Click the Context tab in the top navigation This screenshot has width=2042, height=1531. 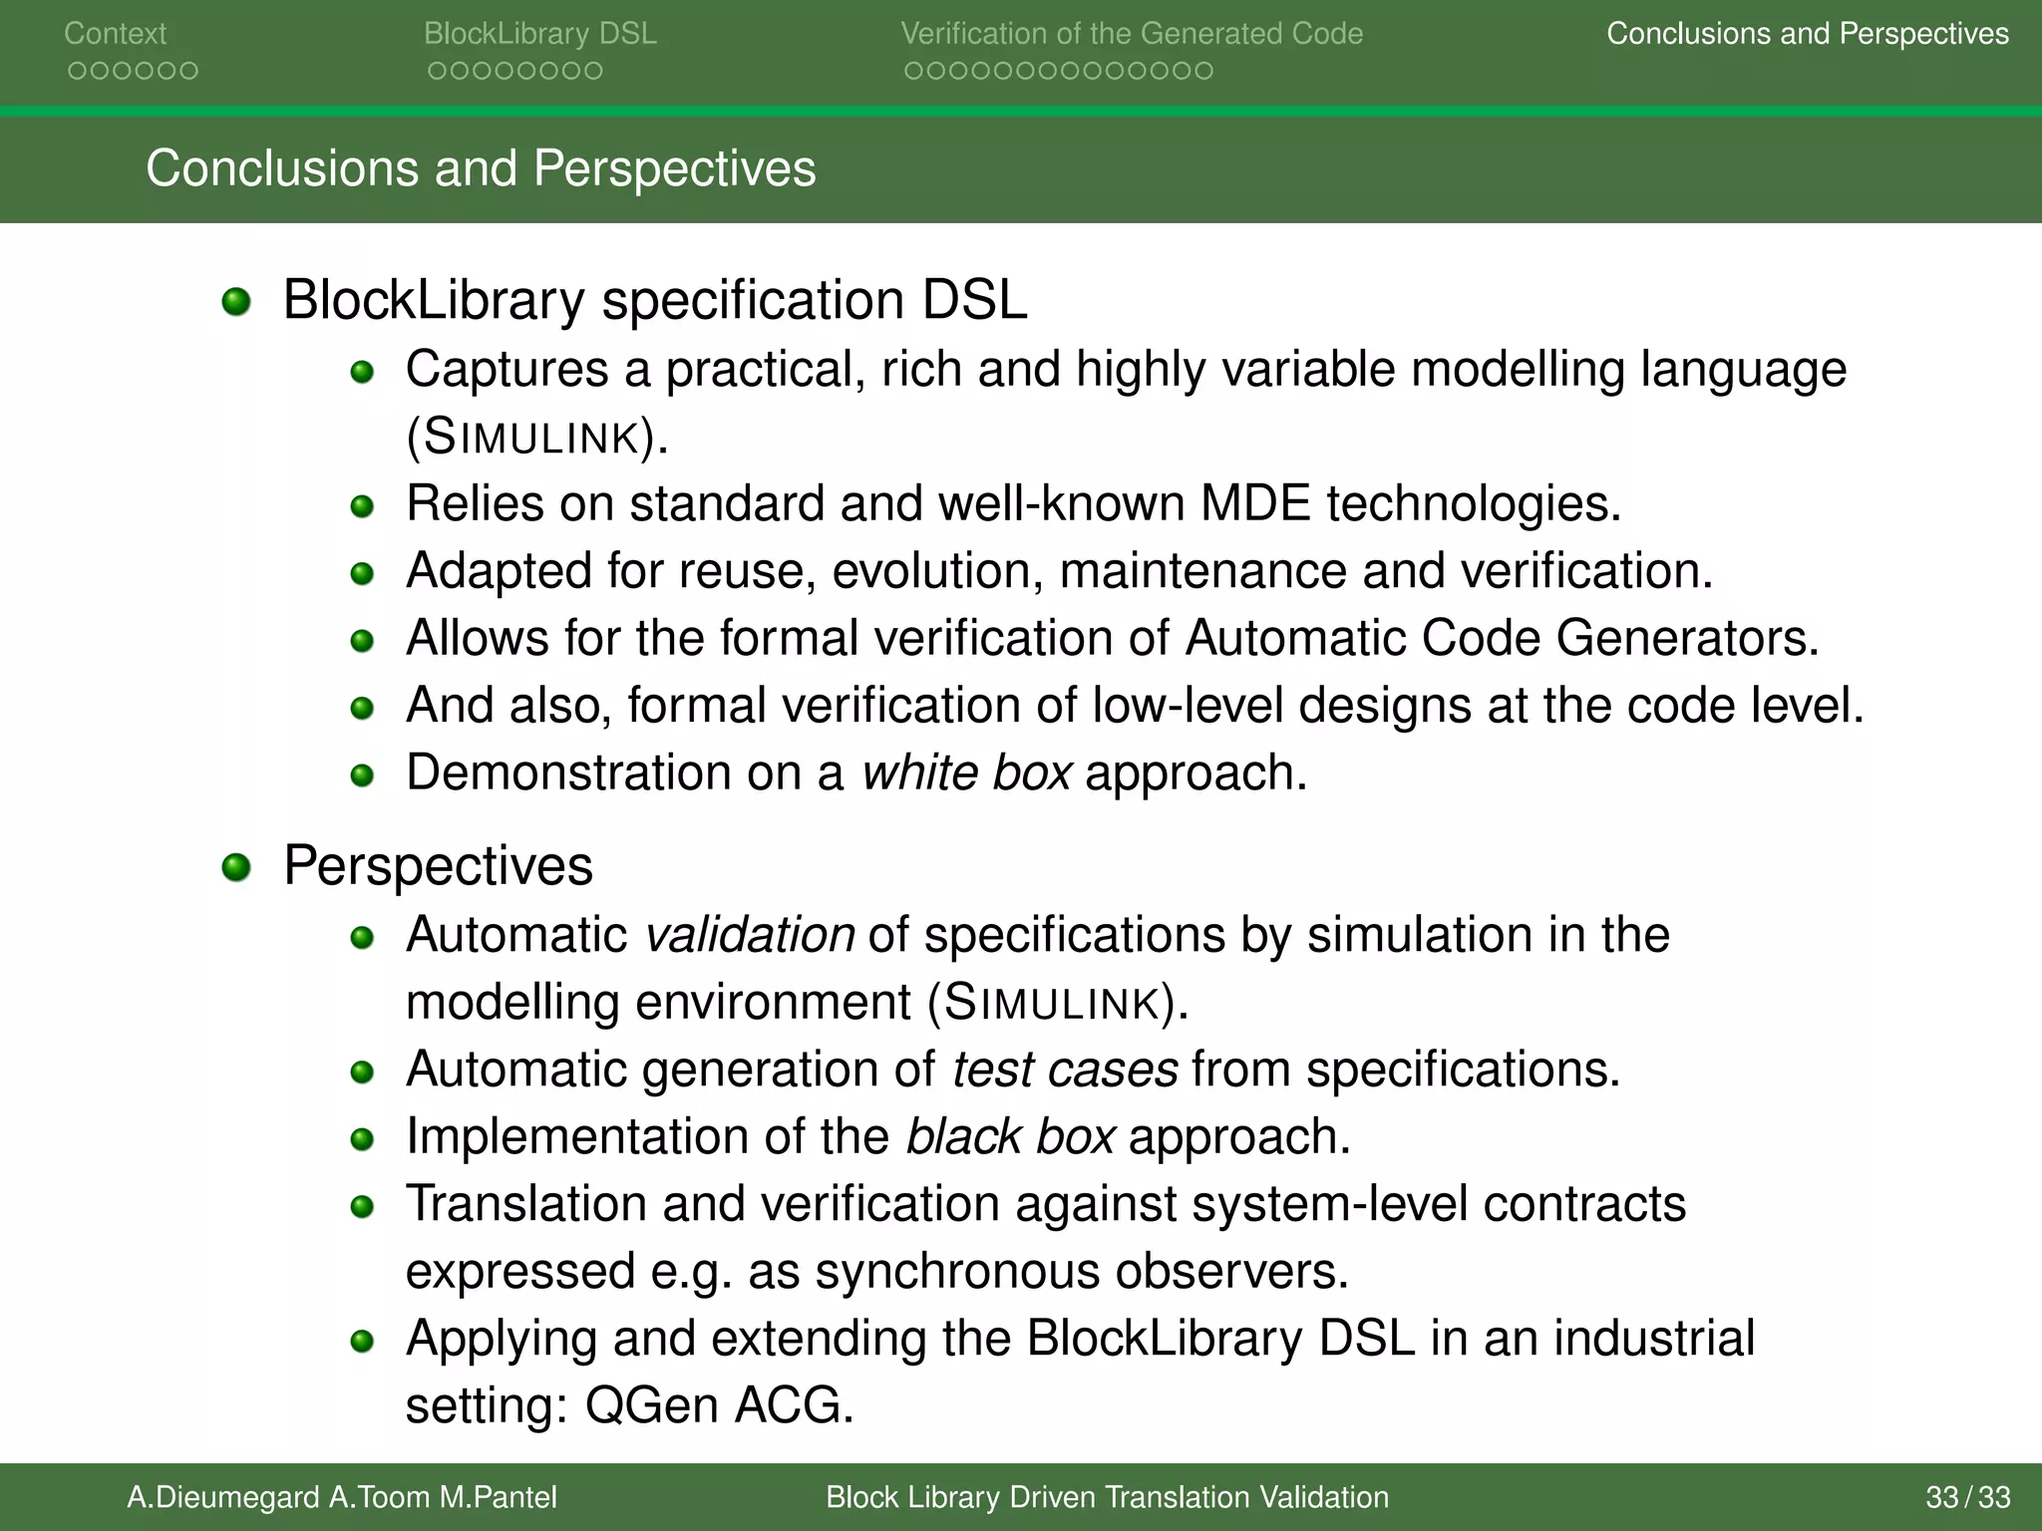[x=115, y=34]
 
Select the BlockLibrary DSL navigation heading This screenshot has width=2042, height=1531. [x=539, y=34]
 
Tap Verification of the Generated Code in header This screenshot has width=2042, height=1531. [x=1132, y=34]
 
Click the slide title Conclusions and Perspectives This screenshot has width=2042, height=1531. [x=481, y=168]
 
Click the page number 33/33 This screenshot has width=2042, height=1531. [x=1967, y=1497]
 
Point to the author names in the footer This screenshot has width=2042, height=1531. [x=341, y=1497]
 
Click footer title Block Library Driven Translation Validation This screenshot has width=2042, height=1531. [x=1107, y=1497]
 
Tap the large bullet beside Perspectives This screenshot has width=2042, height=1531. [x=236, y=867]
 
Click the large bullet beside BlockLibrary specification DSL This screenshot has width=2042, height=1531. [x=236, y=301]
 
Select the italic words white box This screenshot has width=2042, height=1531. [x=966, y=773]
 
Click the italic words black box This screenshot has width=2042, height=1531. [x=1009, y=1137]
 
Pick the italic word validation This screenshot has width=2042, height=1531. [x=750, y=936]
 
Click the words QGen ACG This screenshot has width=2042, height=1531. [x=718, y=1405]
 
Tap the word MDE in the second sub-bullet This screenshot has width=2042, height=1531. [x=1254, y=504]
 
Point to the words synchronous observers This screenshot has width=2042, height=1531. [x=1081, y=1272]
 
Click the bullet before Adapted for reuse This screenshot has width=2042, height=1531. [x=362, y=573]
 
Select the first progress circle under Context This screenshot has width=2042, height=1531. [x=76, y=71]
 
